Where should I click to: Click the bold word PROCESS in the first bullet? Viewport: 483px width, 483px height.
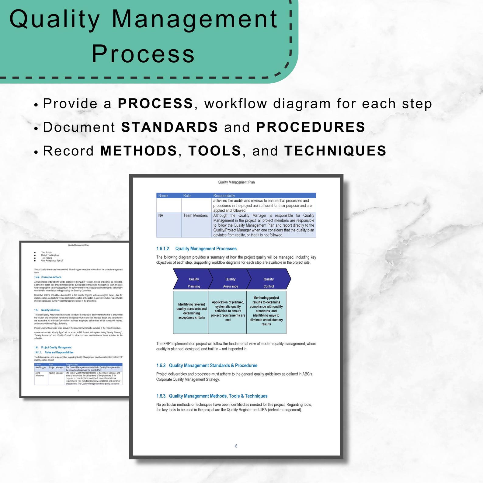tap(155, 104)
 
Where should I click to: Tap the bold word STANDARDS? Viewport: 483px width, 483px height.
tap(169, 127)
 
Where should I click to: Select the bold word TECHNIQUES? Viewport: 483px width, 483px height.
tap(335, 151)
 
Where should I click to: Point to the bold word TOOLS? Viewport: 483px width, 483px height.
tap(215, 151)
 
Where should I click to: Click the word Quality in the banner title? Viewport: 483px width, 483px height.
tap(55, 19)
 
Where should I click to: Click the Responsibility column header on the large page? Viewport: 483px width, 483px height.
tap(224, 196)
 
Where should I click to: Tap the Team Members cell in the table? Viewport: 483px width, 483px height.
tap(195, 216)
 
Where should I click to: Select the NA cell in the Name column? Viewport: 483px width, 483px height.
tap(161, 216)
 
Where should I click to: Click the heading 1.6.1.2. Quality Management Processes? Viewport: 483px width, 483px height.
tap(196, 249)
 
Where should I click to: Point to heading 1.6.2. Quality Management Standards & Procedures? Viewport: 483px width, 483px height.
tap(207, 366)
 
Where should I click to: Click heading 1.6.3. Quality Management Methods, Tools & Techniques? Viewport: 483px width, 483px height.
tap(212, 396)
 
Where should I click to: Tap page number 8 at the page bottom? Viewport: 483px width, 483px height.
tap(236, 446)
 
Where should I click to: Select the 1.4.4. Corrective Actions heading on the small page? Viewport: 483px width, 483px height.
tap(48, 277)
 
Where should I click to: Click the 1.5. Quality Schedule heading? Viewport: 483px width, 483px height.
tap(47, 310)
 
